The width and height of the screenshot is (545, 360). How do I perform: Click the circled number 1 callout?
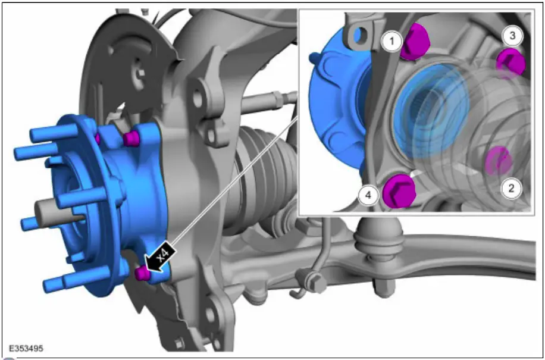391,42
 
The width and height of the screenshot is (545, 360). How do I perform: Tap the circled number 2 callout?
511,189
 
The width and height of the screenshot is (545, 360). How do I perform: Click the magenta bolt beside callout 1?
415,42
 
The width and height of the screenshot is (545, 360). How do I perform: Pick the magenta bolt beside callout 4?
399,192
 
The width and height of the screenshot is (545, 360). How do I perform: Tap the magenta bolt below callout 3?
510,62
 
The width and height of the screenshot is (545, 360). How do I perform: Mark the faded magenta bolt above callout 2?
499,161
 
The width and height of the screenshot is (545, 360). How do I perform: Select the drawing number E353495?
26,349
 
